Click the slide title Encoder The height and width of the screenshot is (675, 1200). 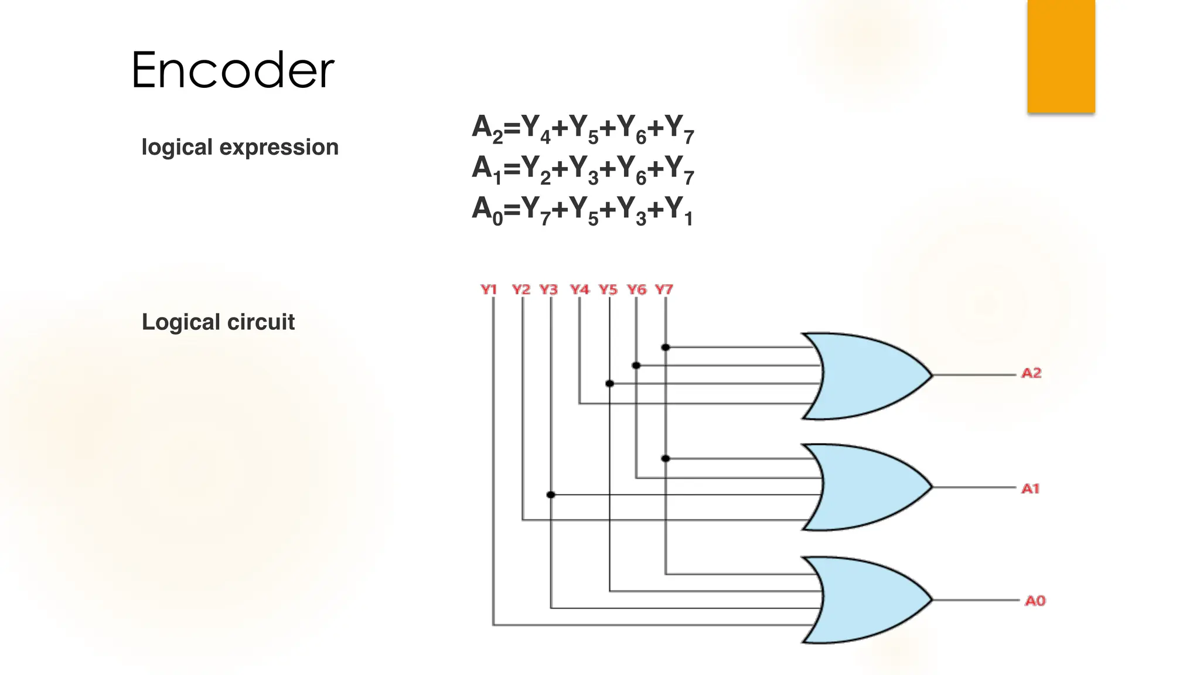(233, 70)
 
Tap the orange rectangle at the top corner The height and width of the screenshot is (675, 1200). (1061, 56)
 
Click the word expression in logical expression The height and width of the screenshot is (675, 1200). (279, 147)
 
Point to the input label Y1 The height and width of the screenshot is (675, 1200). (489, 289)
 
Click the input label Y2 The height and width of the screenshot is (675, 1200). (521, 289)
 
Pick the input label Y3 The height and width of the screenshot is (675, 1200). (549, 289)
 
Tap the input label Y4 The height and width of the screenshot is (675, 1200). (579, 289)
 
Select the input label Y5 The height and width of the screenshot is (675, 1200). (608, 289)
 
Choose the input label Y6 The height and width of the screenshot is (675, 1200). (637, 289)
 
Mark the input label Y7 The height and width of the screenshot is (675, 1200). (664, 289)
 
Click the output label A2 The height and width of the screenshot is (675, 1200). (1031, 373)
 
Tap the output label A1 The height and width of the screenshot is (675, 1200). (1030, 489)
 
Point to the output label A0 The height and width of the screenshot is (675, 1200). (1035, 601)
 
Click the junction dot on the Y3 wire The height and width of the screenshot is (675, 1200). (551, 495)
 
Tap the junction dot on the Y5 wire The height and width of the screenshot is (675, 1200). (609, 384)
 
